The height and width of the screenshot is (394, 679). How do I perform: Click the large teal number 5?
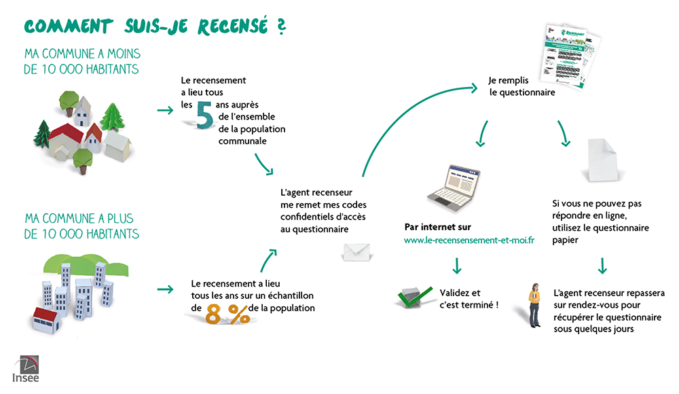tap(204, 115)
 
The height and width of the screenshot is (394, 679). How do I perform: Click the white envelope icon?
tap(356, 252)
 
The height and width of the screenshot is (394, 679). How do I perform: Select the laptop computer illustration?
tap(453, 185)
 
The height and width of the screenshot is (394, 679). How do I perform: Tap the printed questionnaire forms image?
tap(568, 54)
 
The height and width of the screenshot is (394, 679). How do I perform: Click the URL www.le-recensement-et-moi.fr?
tap(469, 241)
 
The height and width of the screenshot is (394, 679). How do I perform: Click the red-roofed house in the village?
tap(66, 139)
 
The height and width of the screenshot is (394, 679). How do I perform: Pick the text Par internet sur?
tap(437, 227)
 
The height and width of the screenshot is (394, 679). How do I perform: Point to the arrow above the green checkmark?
tap(457, 264)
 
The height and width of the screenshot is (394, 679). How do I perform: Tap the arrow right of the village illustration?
tap(164, 110)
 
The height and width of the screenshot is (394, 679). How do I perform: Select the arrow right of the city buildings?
tap(164, 289)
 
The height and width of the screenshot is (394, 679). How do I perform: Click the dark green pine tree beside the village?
tap(42, 133)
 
